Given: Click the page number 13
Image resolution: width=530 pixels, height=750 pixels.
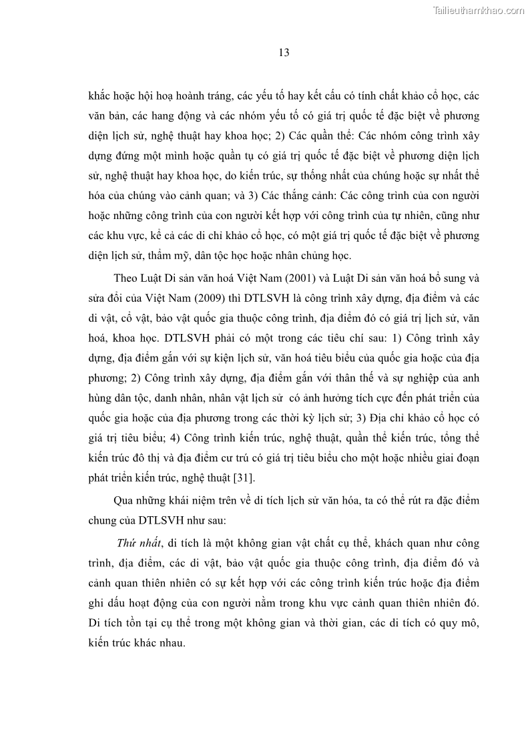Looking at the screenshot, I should [x=284, y=53].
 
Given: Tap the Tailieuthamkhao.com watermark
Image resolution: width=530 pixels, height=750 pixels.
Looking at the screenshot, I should [x=479, y=10].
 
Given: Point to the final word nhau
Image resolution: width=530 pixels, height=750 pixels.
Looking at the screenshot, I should [x=170, y=644].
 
